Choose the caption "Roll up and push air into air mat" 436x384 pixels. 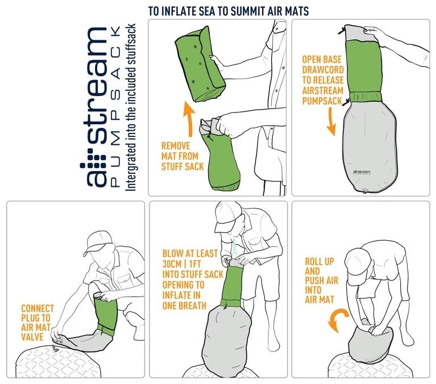click(319, 281)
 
